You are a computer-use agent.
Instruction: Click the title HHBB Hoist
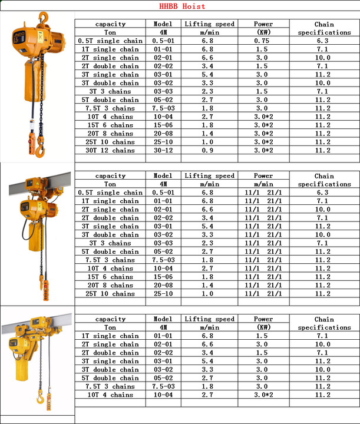pos(182,6)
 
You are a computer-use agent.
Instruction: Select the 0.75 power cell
pos(263,41)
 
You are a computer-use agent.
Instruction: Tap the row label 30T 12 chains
pos(110,151)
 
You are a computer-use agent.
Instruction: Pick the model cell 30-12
pos(163,151)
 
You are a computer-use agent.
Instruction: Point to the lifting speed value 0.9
pos(209,151)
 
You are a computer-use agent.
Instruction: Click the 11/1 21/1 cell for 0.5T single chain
pos(263,193)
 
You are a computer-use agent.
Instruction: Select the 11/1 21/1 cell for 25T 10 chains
pos(263,294)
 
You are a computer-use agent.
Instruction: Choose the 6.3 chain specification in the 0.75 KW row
pos(323,41)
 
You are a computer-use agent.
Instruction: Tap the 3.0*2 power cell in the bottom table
pos(263,395)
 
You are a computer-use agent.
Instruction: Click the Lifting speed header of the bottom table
pos(209,319)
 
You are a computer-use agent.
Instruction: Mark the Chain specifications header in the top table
pos(323,28)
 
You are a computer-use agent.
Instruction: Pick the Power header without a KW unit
pos(263,176)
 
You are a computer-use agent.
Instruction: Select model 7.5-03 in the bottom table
pos(163,387)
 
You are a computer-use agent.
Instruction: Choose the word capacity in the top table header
pos(110,24)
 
